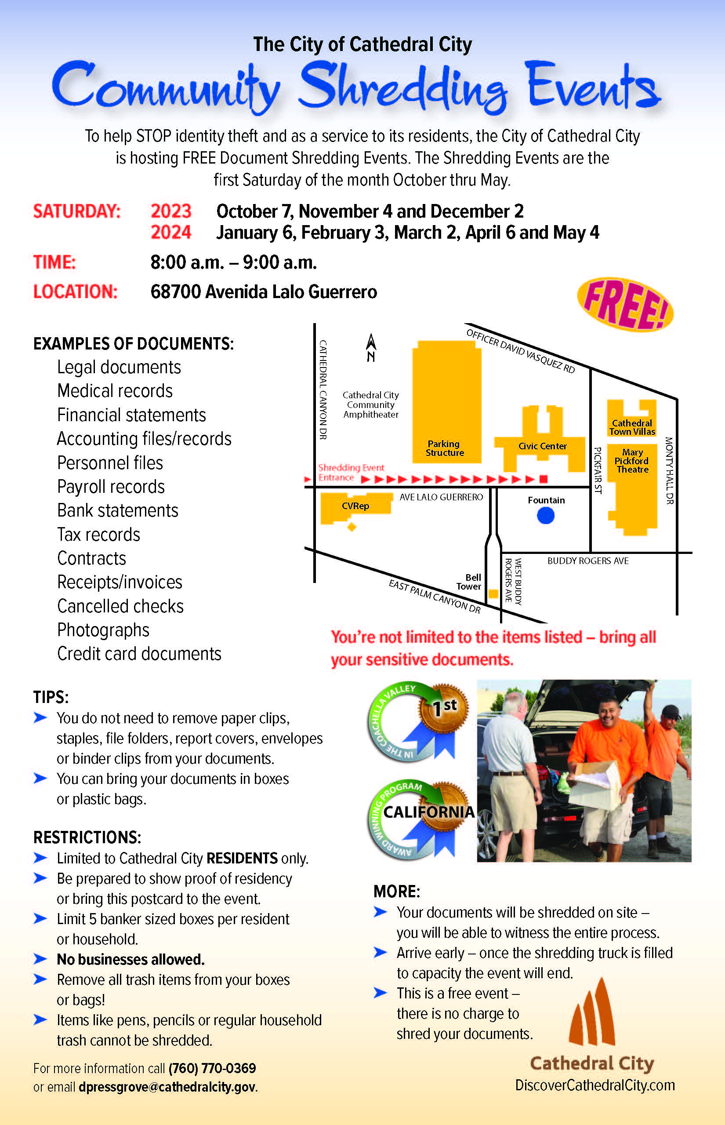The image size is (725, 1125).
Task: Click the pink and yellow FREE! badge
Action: [625, 305]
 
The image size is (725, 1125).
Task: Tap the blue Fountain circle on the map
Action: [546, 516]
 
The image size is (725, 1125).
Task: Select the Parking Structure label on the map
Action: [444, 448]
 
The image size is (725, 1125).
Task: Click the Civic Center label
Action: [542, 446]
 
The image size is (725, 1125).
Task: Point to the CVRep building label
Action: [355, 506]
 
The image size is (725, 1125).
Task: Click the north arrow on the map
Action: [371, 348]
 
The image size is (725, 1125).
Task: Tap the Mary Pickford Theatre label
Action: [632, 461]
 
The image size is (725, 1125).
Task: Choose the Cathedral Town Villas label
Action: [632, 427]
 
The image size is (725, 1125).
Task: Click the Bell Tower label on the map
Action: [469, 582]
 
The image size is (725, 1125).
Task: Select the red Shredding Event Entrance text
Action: [351, 472]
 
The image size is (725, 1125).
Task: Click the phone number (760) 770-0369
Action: [212, 1068]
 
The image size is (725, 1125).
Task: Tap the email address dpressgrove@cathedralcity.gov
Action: [167, 1087]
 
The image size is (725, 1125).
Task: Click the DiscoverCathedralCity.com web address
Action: [595, 1085]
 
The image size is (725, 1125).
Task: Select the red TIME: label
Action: [54, 262]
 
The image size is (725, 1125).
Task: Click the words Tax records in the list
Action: [98, 535]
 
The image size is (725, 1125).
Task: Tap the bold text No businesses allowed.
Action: [131, 959]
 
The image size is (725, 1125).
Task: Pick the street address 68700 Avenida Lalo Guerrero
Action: [264, 292]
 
